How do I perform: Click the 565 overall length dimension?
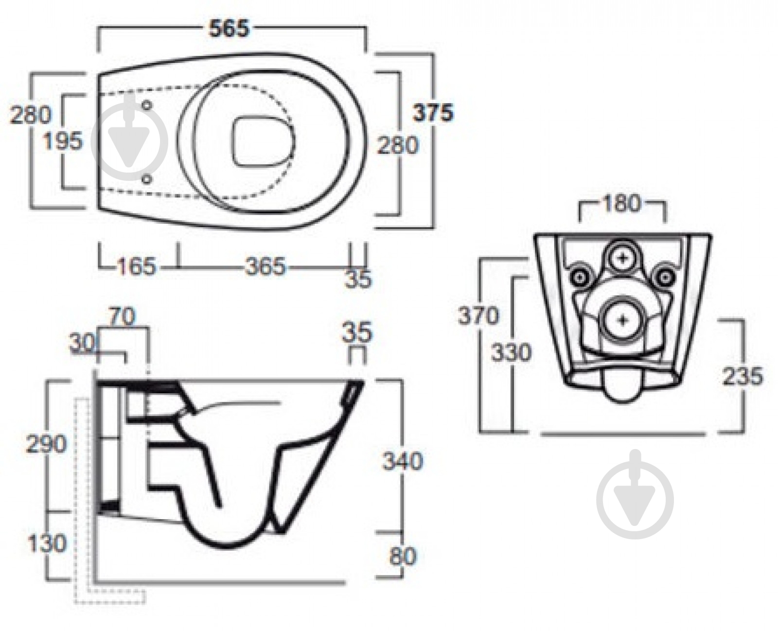point(229,28)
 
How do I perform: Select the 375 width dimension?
point(432,113)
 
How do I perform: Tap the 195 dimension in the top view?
point(63,142)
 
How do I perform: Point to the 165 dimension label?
point(136,267)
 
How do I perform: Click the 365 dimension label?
point(265,267)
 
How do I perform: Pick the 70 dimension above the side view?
point(122,317)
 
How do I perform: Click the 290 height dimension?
point(47,444)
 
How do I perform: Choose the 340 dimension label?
point(402,461)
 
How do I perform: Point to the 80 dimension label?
point(403,556)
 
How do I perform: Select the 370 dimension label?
point(478,316)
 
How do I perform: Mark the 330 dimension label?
point(511,352)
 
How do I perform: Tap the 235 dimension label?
point(742,376)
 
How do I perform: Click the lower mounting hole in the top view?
point(147,180)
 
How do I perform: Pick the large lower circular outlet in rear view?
point(623,320)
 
